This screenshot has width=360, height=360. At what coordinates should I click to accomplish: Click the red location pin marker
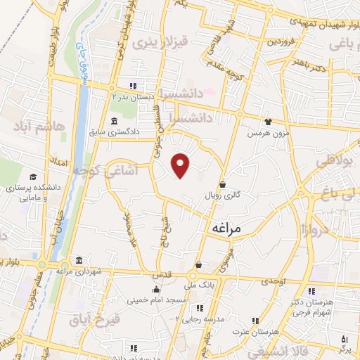[181, 164]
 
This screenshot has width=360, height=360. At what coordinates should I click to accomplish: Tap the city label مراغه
[226, 229]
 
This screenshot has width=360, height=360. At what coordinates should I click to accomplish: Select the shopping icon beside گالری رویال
[223, 184]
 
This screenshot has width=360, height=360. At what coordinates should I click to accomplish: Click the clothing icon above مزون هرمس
[267, 121]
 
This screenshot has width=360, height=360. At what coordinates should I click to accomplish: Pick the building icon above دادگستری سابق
[115, 120]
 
